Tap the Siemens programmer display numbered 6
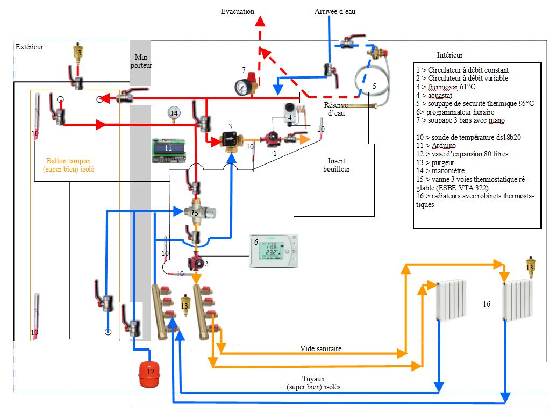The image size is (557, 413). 273,251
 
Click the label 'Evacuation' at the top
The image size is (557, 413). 237,11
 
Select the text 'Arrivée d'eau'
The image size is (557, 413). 334,11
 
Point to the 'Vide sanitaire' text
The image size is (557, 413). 320,348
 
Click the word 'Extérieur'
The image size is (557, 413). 30,47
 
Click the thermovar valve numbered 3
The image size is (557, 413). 231,141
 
